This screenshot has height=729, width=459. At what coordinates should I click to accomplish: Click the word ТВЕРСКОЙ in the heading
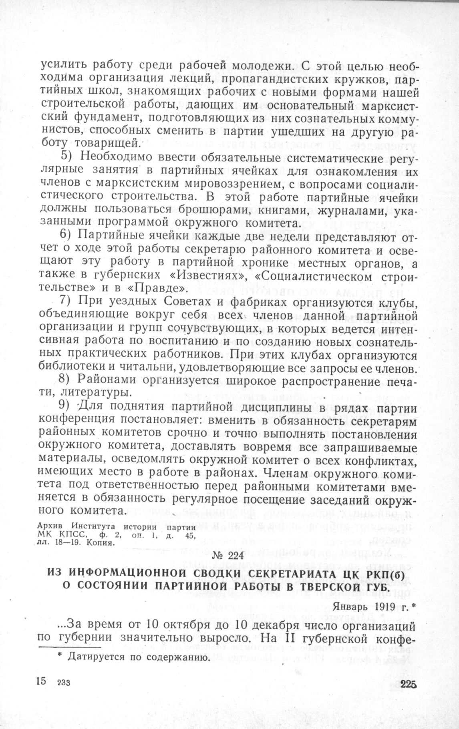[x=339, y=588]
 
